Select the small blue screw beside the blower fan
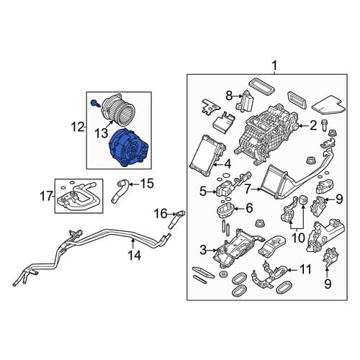click(x=94, y=103)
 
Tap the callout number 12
click(x=78, y=127)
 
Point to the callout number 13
click(x=101, y=133)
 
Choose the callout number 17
click(x=46, y=196)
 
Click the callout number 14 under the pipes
click(x=135, y=255)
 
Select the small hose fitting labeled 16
click(x=177, y=218)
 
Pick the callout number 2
click(x=313, y=125)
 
